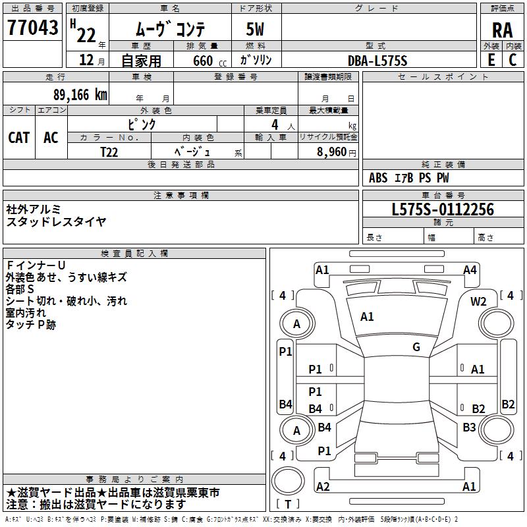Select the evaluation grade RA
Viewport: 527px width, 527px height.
point(502,29)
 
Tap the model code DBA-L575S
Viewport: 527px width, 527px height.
point(378,60)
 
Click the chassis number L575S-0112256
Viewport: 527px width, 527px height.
point(442,209)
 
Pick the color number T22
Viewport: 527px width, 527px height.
point(109,151)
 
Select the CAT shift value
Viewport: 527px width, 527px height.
point(19,137)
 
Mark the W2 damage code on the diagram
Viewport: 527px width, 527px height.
point(478,301)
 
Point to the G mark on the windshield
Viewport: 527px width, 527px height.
point(416,347)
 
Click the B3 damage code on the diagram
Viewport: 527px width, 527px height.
point(469,428)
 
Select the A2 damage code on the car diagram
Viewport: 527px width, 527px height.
point(323,487)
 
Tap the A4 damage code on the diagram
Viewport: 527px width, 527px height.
point(470,269)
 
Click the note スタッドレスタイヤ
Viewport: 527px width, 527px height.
point(56,221)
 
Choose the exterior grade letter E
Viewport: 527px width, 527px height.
point(491,59)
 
